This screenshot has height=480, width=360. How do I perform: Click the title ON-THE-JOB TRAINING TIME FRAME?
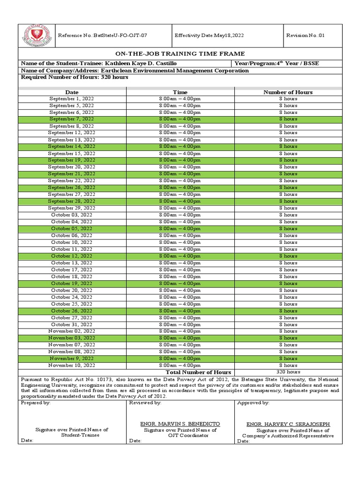[180, 54]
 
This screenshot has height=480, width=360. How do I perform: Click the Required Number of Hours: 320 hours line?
[75, 77]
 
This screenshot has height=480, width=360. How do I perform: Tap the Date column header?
[72, 92]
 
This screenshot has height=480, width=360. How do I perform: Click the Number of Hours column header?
[288, 92]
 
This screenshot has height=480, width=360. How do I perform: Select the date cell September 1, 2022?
[72, 99]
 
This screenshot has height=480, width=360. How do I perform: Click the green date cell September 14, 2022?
[72, 147]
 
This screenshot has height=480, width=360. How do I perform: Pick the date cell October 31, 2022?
[72, 324]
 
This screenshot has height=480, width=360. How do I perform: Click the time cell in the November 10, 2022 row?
[180, 365]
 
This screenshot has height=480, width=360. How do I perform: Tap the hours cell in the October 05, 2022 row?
[288, 229]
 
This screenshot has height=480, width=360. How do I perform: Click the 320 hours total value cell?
[288, 372]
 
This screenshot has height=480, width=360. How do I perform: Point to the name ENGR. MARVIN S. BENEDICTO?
[180, 424]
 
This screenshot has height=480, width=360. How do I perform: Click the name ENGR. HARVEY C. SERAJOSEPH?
[288, 424]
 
